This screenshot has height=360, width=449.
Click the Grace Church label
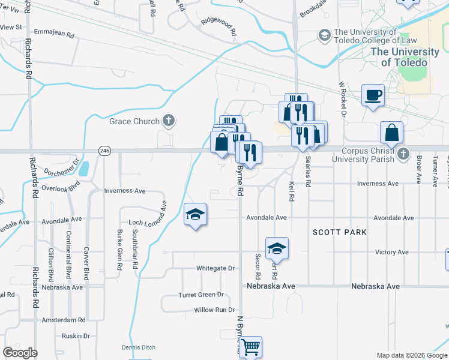coord(134,121)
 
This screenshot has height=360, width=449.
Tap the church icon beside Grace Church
coord(169,121)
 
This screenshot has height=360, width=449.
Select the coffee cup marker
coord(373,95)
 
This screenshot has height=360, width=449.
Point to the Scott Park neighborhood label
coord(339,232)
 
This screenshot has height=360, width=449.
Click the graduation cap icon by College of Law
coord(325,35)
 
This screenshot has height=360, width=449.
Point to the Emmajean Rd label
coord(54,34)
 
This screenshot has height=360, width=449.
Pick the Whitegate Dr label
coord(215,268)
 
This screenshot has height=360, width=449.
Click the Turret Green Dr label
coord(200,295)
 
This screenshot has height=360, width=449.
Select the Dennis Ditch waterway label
coord(139,347)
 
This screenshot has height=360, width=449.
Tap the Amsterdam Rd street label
coord(64,320)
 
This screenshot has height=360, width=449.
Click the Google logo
coord(20,353)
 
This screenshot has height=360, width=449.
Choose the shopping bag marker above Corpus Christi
coord(391,133)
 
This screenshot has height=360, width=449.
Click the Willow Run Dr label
coord(214,310)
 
